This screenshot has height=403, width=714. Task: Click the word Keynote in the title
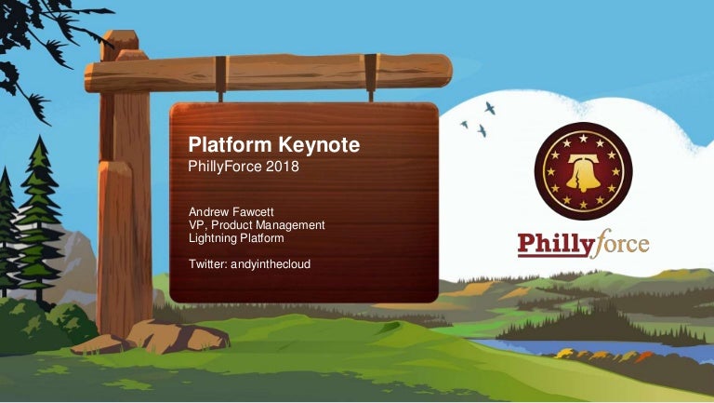point(319,145)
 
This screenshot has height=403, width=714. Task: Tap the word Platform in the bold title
point(230,144)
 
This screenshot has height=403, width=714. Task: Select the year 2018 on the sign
point(283,167)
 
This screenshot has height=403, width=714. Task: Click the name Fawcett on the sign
point(253,212)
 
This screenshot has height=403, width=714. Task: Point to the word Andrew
point(208,212)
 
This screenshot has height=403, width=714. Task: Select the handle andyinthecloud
point(271,264)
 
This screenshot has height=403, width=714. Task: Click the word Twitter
point(207,264)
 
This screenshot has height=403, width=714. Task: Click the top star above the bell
point(583,138)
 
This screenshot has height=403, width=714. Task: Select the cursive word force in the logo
point(622,243)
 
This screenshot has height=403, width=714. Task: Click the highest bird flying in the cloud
point(490,108)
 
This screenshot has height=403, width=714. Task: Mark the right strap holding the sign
point(371,77)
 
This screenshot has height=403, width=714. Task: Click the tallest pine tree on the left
point(39,219)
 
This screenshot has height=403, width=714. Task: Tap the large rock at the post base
point(178,336)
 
